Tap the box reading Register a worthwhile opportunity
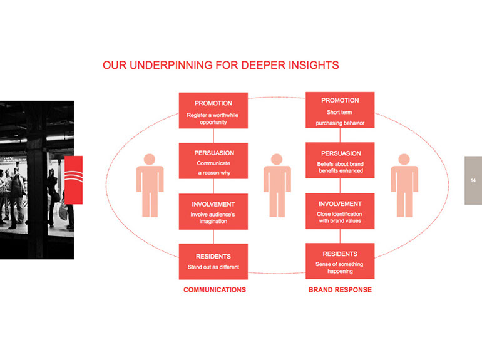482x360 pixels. coord(213,110)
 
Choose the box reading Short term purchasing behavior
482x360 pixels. coord(340,110)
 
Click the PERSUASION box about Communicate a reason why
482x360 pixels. coord(213,161)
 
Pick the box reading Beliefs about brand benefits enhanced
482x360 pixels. coord(340,160)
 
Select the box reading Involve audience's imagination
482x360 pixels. coord(213,212)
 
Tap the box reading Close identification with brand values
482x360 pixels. coord(340,211)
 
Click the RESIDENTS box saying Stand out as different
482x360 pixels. coord(213,262)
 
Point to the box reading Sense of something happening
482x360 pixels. coord(340,261)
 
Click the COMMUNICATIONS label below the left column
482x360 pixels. coord(215,290)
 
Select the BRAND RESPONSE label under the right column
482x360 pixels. coord(340,290)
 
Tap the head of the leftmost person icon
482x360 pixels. coord(150,159)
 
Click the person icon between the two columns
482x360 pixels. coord(277,185)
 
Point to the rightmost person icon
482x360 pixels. coord(404,185)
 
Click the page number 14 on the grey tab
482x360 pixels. coord(473,180)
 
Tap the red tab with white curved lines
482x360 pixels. coord(73,180)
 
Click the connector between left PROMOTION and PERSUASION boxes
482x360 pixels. coord(213,136)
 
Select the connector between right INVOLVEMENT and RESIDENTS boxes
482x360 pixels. coord(340,236)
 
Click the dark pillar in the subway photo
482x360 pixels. coord(36,180)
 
